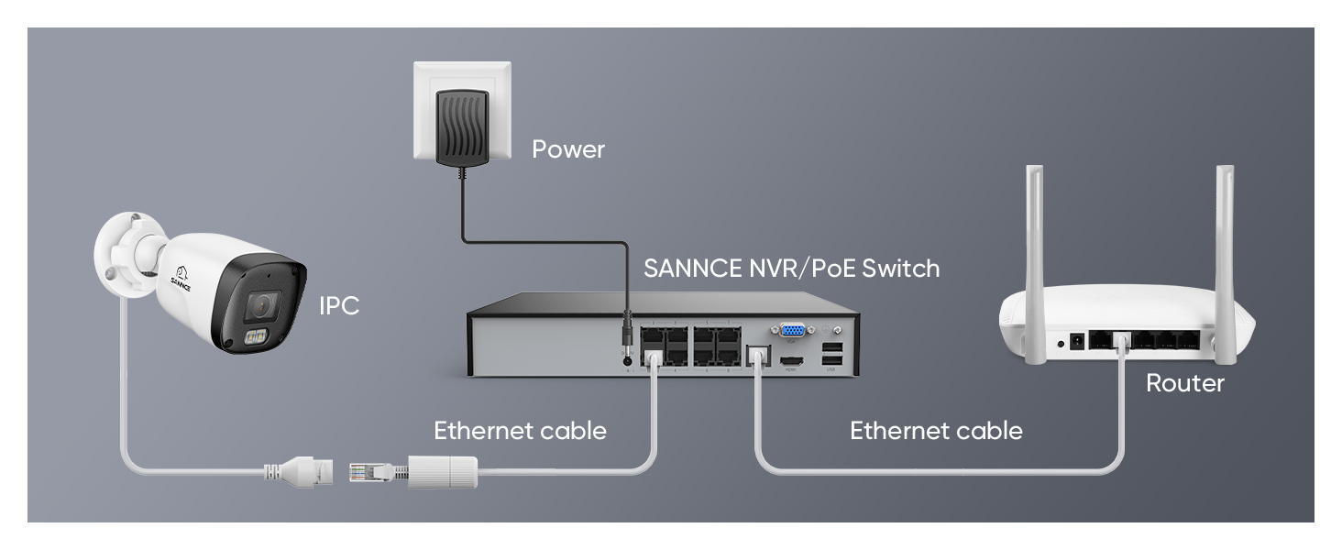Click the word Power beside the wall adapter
568,149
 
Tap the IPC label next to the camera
339,306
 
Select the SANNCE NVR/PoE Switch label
792,269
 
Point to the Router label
1184,383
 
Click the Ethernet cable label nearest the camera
520,431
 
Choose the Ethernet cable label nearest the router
936,431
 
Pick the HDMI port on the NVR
793,361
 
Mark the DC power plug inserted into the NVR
628,334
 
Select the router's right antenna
1225,229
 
